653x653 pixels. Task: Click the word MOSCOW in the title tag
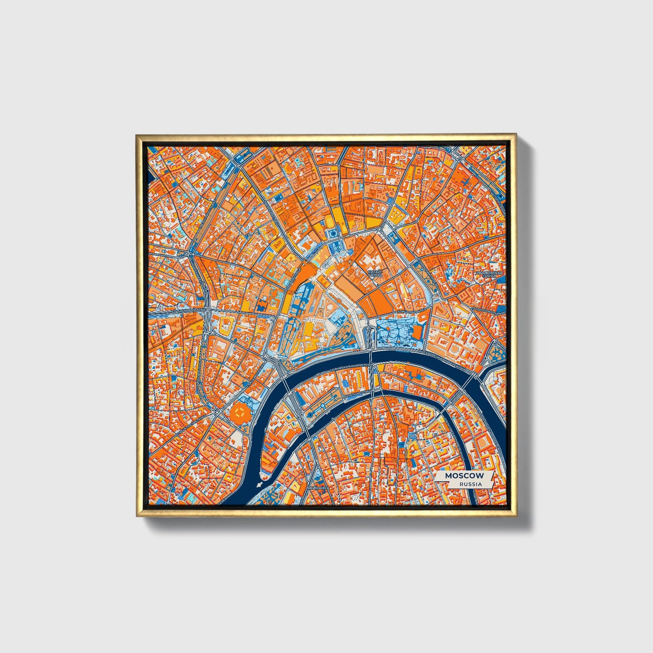pos(464,476)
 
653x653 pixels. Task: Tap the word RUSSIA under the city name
pos(470,484)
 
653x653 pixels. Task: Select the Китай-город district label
pos(375,272)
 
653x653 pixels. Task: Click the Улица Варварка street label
pos(411,312)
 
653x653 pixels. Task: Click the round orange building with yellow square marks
pos(240,412)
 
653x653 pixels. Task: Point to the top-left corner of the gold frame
pos(136,134)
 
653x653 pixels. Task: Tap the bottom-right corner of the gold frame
pos(517,517)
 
